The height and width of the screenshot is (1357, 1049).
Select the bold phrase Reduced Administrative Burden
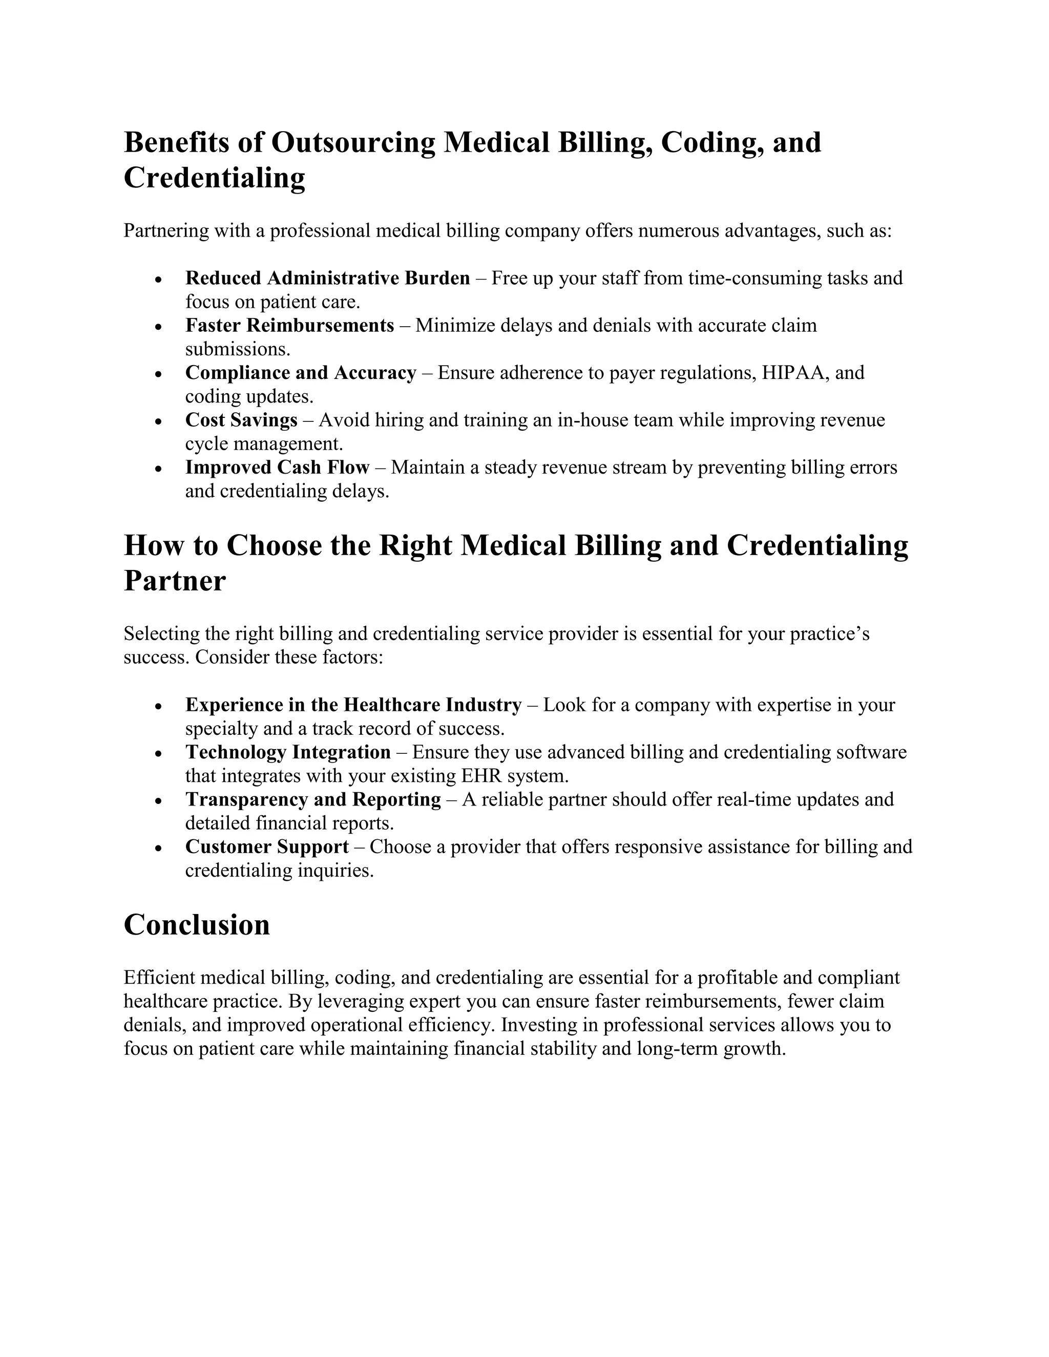(x=327, y=279)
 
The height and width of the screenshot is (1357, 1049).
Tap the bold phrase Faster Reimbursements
(x=289, y=326)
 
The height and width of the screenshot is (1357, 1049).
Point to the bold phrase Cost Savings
(x=241, y=420)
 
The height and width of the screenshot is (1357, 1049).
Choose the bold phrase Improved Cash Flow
(x=277, y=468)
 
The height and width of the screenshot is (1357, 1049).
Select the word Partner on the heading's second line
(x=175, y=582)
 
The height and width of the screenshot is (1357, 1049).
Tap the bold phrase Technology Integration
(x=288, y=752)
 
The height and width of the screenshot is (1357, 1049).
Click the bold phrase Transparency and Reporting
(x=313, y=800)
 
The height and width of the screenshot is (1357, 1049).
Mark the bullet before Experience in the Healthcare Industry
(x=159, y=707)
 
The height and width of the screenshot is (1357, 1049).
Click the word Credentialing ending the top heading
(x=215, y=178)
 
